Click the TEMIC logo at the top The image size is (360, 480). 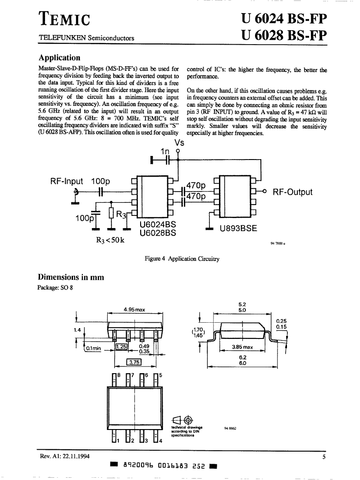coord(64,19)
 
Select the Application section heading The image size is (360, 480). coord(59,58)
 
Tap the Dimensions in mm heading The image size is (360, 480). coord(71,277)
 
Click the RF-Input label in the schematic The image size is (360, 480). coord(66,181)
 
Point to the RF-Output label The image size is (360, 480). coord(292,192)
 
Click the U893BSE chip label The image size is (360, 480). coord(238,229)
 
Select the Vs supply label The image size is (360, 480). coord(179,143)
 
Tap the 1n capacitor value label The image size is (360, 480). coord(165,151)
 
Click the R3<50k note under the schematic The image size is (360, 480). coord(110,240)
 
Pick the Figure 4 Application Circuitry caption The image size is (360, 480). coord(182,259)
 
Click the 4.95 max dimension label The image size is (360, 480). coord(134,310)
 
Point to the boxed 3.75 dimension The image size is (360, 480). coord(134,362)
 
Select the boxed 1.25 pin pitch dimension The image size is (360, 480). coord(121,347)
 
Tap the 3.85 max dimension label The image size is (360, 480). coord(242,347)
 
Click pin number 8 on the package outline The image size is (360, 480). coord(119,375)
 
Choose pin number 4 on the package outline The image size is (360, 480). coord(160,441)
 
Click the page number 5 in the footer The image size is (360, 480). coord(324,457)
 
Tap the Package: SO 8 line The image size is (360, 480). coord(55,288)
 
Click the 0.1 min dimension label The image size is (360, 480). coord(93,348)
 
